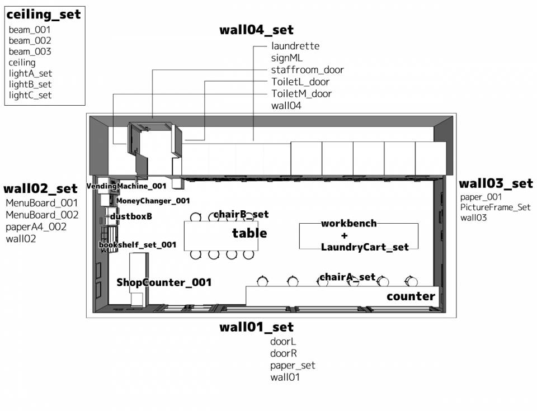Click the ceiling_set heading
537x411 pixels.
click(x=44, y=15)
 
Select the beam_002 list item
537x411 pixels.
click(x=30, y=41)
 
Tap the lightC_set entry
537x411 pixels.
click(x=30, y=95)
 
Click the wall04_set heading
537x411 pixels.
click(x=256, y=30)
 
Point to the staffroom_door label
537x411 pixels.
click(x=307, y=70)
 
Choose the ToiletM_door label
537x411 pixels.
click(x=302, y=93)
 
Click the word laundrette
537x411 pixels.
click(x=295, y=46)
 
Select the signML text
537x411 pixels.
click(x=286, y=58)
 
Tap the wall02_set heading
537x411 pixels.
click(x=40, y=189)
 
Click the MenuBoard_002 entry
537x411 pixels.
click(x=42, y=215)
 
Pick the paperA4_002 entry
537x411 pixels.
click(x=36, y=226)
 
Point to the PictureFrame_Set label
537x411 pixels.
click(x=495, y=207)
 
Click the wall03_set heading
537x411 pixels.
click(x=496, y=184)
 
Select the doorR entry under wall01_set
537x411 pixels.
click(x=283, y=353)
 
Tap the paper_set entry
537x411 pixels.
click(x=293, y=366)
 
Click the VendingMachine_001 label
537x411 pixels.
click(x=126, y=186)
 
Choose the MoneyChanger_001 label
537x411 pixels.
click(x=153, y=201)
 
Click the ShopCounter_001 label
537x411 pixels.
click(x=164, y=282)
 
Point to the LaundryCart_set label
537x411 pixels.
click(x=365, y=247)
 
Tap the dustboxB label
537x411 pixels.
click(x=131, y=216)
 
